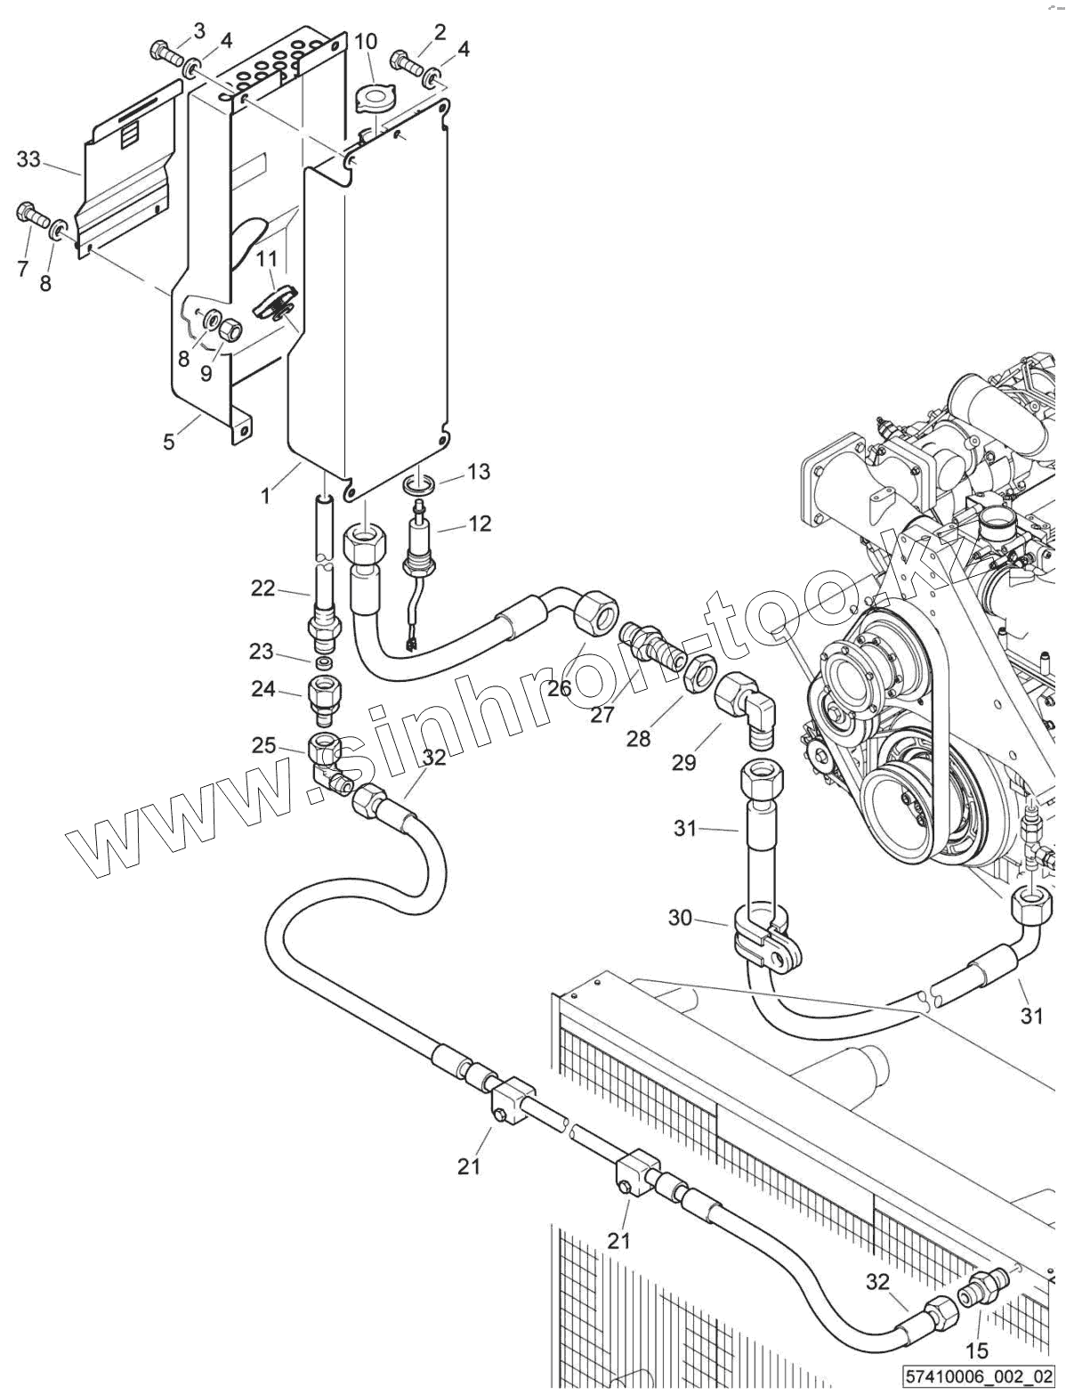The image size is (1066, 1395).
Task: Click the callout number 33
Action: (x=28, y=159)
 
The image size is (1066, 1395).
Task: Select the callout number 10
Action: (x=366, y=42)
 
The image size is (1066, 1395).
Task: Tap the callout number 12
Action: (x=480, y=523)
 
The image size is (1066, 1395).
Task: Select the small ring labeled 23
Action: (x=325, y=663)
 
